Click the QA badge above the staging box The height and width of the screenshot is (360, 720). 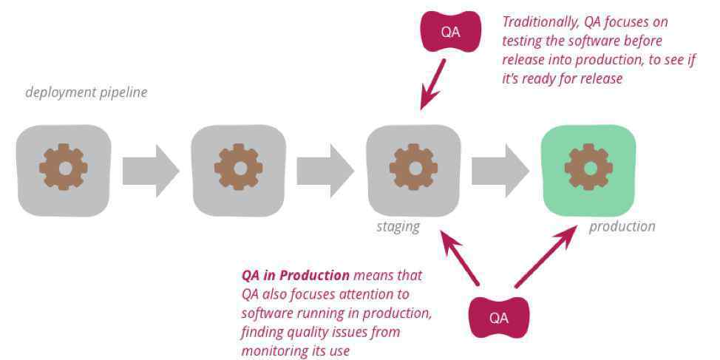point(451,31)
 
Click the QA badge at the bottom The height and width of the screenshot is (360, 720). point(499,317)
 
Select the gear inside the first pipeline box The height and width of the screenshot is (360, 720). point(64,166)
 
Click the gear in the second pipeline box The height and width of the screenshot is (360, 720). point(239,166)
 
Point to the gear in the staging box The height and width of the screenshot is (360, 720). point(414,166)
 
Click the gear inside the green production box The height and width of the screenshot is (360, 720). point(588,166)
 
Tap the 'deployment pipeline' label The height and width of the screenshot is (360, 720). point(86,92)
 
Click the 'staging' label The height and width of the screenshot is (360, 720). point(398,227)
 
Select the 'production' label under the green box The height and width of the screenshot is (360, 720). point(622,226)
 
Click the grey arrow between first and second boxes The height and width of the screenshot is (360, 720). point(151,171)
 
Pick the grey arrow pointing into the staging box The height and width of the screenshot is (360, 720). point(325,171)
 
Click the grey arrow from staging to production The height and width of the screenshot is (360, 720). point(500,171)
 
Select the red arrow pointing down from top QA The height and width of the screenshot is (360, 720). point(432,84)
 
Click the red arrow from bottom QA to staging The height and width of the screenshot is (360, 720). point(460,257)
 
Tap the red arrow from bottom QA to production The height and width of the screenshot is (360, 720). point(546,257)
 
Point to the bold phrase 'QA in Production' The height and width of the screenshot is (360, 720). point(295,276)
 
